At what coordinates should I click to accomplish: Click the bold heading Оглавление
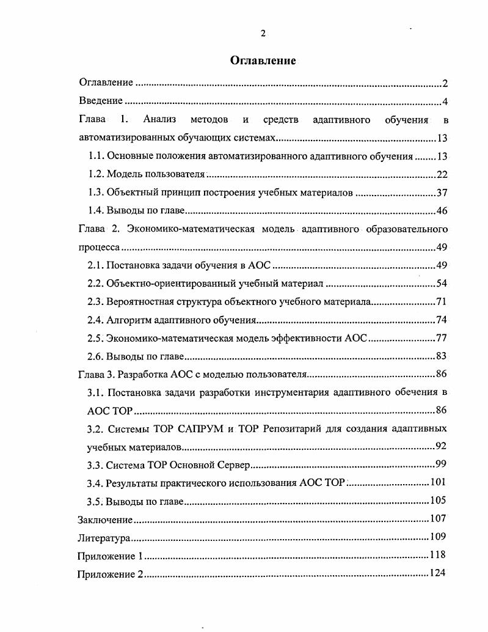(263, 61)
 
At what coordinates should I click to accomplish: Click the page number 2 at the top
(263, 33)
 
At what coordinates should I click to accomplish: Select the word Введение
(101, 101)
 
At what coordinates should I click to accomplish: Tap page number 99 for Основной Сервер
(442, 464)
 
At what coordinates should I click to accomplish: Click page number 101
(439, 482)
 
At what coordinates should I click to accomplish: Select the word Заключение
(105, 520)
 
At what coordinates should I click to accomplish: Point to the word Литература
(104, 538)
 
